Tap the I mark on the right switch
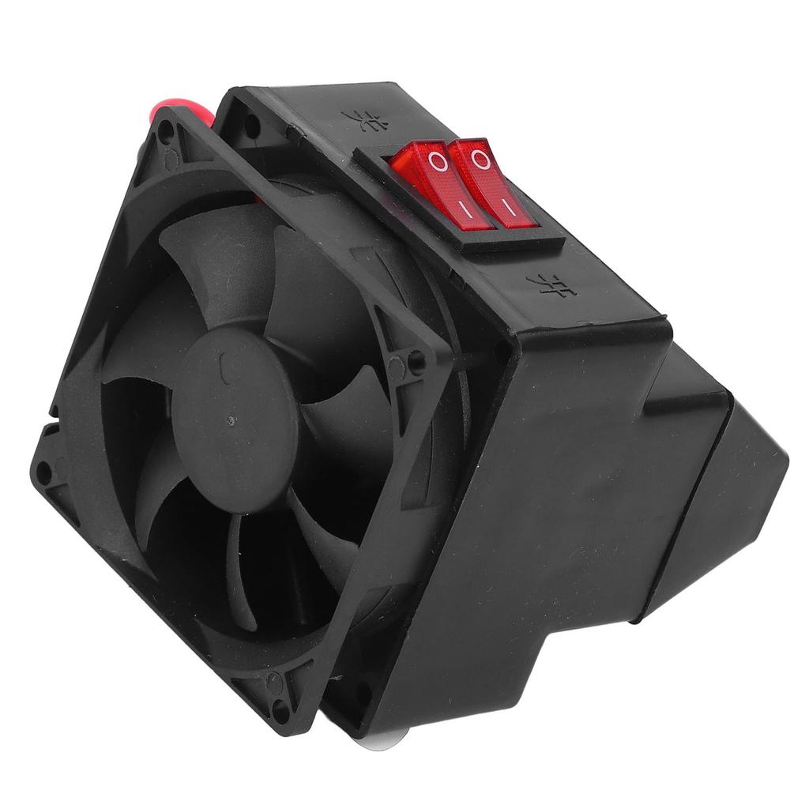pos(509,207)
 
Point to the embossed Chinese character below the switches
pos(549,283)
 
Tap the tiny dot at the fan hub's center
pos(231,420)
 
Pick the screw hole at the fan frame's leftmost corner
pos(44,472)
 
